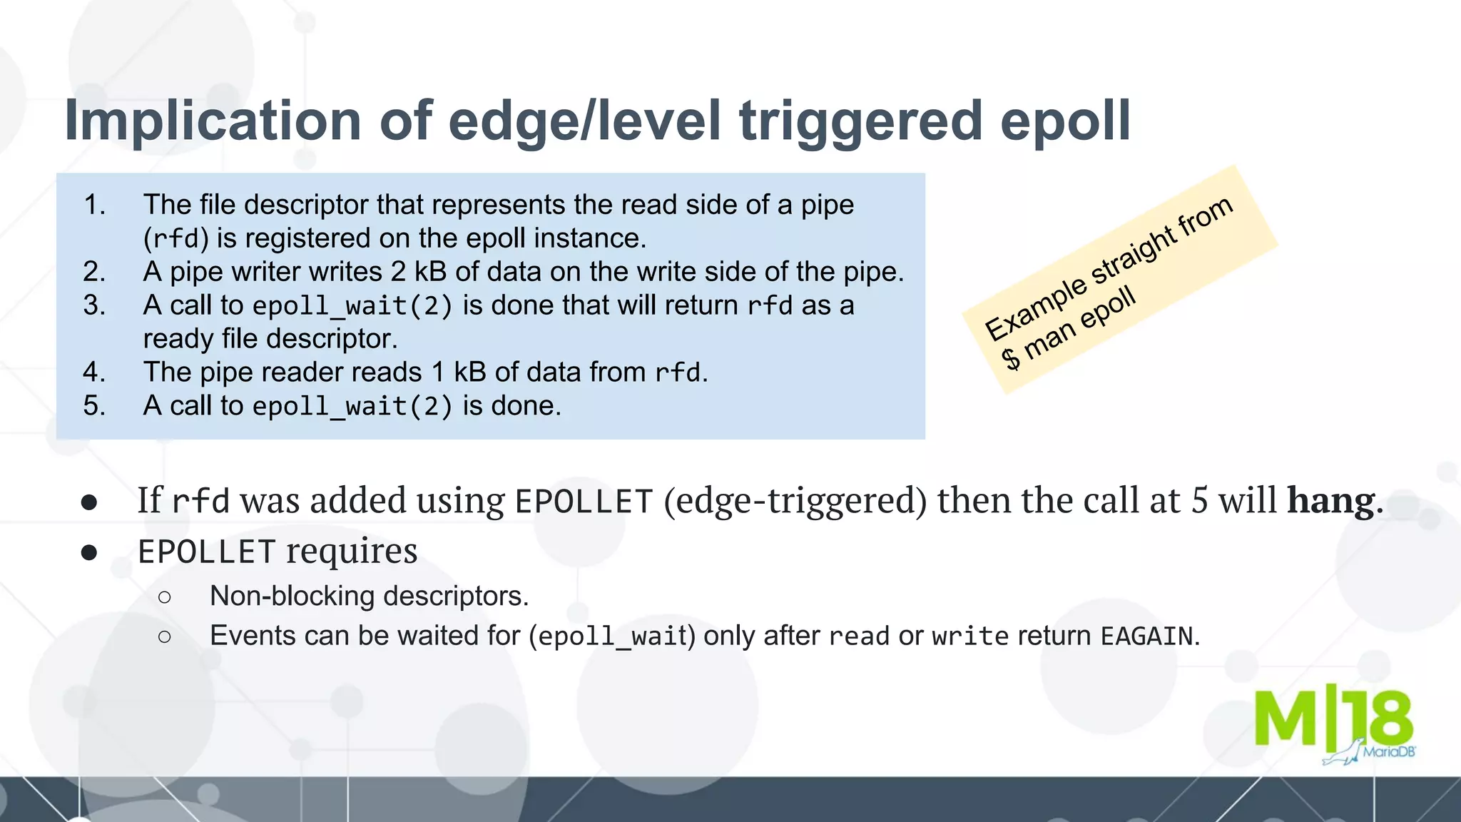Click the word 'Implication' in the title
(213, 121)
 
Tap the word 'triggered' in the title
(862, 121)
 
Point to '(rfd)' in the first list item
(176, 238)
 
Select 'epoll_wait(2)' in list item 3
(352, 306)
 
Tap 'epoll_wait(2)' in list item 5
(352, 407)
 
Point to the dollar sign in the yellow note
(1011, 357)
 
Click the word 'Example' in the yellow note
(1037, 308)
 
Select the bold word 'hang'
(1330, 500)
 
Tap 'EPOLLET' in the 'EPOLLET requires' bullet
(206, 552)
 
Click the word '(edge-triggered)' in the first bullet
(795, 500)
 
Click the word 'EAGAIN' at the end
(1146, 636)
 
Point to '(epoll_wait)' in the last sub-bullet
(612, 636)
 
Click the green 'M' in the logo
(1286, 717)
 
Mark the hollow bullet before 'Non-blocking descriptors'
(165, 597)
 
